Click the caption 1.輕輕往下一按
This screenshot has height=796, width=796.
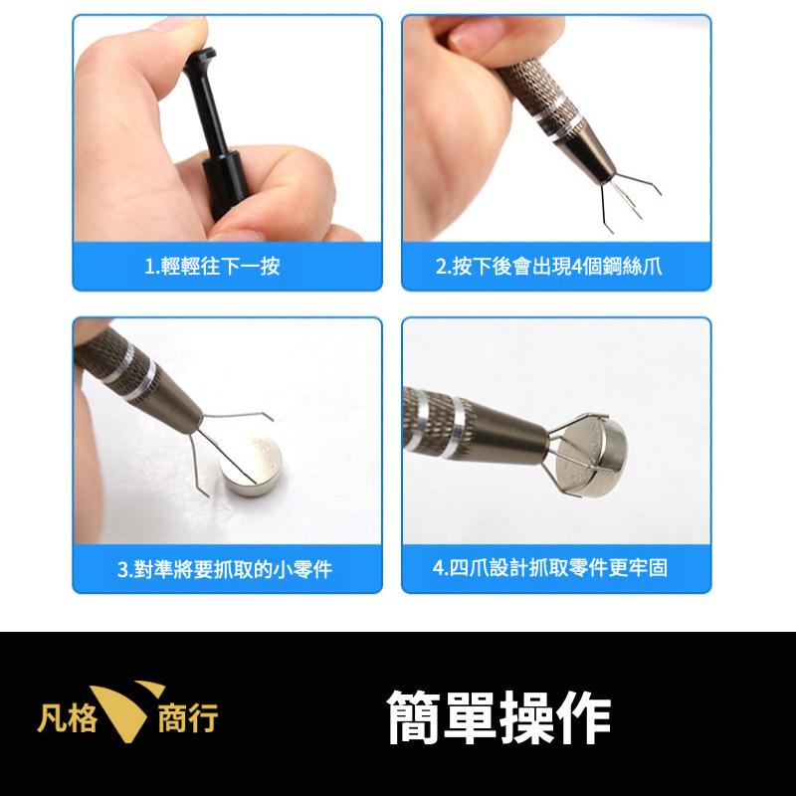[212, 266]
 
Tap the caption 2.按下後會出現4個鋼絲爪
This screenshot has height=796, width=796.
[549, 266]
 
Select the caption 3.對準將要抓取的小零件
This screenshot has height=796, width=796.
[225, 568]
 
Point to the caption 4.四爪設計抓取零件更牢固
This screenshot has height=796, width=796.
[550, 567]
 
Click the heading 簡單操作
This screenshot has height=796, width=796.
[499, 717]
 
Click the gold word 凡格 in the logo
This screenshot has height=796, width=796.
[66, 717]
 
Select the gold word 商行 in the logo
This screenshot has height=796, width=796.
[188, 717]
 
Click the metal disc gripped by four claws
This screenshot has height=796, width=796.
[593, 453]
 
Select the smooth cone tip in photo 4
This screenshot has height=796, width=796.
[512, 435]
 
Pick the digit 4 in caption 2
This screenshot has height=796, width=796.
[577, 267]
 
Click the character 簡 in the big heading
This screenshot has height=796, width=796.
[414, 717]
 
